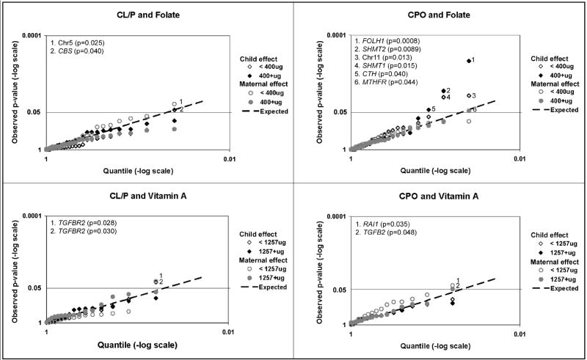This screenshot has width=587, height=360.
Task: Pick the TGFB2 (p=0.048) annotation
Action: [385, 232]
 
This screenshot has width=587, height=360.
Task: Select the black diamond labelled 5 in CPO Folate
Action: [429, 110]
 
